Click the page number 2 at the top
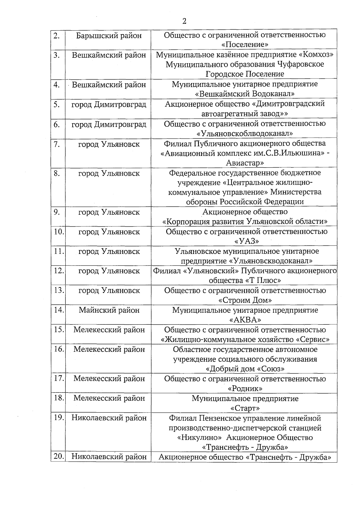coord(184,21)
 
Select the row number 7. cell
coord(57,144)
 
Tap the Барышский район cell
coord(109,36)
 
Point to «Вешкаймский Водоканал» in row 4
coord(245,94)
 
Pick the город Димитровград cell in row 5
coord(109,105)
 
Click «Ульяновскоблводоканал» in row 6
coord(245,133)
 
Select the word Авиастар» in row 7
coord(245,163)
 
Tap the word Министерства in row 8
coord(296,192)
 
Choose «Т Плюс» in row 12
coord(263,281)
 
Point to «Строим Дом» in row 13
coord(245,300)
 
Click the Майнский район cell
coord(109,310)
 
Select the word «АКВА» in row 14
coord(245,320)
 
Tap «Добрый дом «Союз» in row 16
coord(245,368)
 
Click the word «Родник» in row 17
coord(245,389)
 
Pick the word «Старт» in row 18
coord(245,408)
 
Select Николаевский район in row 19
coord(109,418)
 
